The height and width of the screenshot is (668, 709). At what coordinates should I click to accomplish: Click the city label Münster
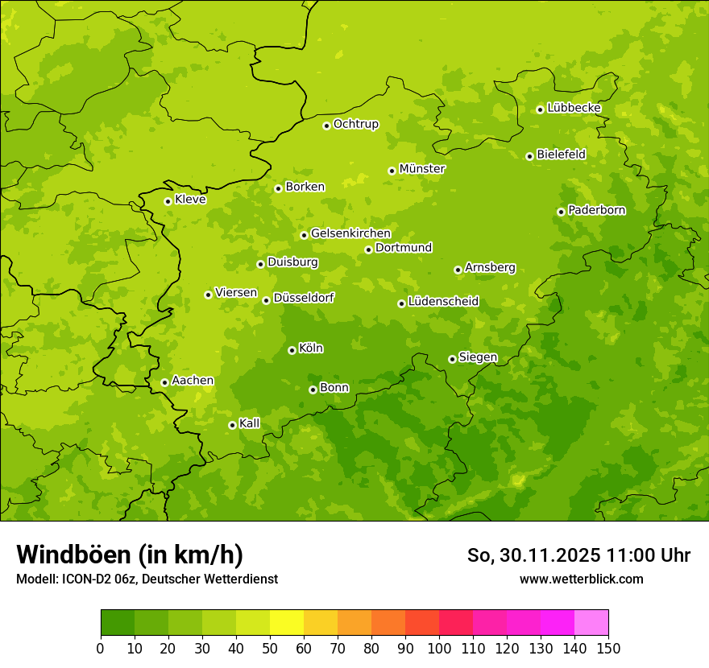[421, 169]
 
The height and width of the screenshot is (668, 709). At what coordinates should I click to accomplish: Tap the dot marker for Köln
[292, 350]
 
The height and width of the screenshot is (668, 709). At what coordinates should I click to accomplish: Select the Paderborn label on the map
[596, 210]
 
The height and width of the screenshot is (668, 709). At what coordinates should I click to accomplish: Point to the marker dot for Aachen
[164, 382]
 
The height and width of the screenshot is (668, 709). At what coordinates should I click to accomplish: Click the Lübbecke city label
[574, 108]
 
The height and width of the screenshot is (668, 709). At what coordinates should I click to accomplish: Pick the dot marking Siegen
[452, 359]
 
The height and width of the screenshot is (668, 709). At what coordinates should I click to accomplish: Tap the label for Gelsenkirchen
[350, 233]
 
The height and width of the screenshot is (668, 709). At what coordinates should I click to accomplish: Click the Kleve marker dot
[168, 201]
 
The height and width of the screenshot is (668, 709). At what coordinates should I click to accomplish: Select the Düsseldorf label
[303, 298]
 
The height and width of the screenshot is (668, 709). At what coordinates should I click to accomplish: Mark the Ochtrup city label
[355, 124]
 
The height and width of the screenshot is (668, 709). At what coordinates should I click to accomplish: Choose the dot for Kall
[232, 425]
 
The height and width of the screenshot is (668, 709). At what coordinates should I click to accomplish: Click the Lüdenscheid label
[443, 302]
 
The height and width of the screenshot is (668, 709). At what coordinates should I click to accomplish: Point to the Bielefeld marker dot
[529, 156]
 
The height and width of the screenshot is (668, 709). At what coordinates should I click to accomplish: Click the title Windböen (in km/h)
[129, 555]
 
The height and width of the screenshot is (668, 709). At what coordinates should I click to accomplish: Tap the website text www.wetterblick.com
[581, 579]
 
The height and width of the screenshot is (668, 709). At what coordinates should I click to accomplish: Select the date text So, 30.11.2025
[532, 555]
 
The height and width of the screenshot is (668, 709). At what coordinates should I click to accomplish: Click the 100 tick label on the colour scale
[439, 648]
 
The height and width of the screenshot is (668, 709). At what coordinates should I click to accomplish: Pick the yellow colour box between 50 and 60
[287, 623]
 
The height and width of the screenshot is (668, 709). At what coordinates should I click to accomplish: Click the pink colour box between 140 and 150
[591, 623]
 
